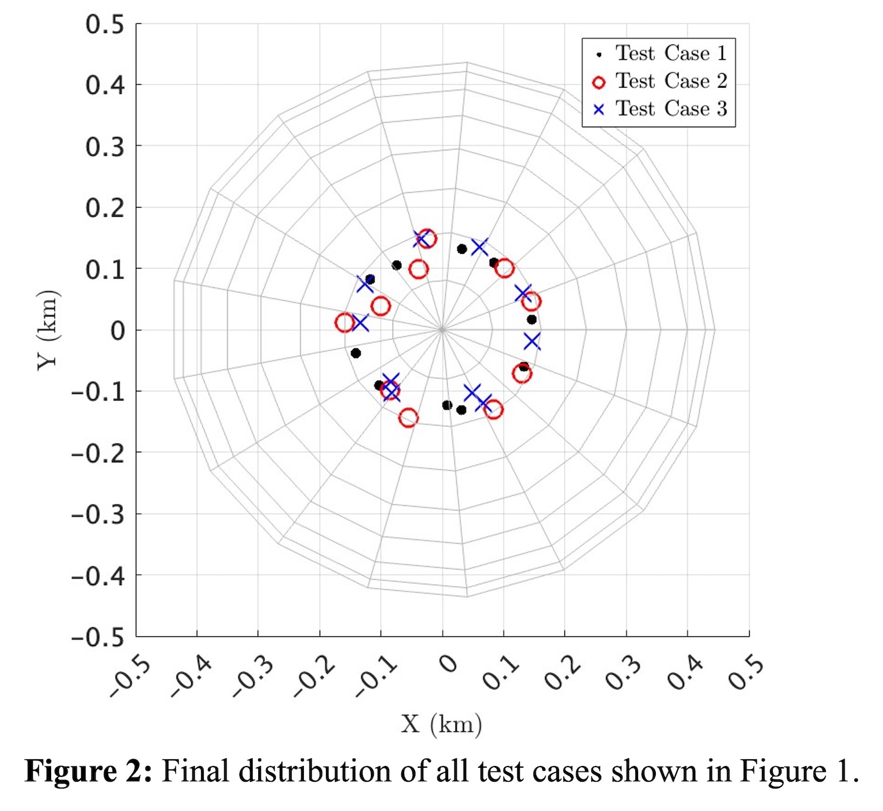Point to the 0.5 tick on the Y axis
(x=104, y=25)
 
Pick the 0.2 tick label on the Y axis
(x=104, y=208)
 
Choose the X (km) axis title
(x=441, y=724)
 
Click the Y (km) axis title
(x=48, y=330)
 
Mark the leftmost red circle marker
(x=345, y=323)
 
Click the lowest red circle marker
(x=408, y=418)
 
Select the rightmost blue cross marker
(x=532, y=341)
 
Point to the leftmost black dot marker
(x=356, y=353)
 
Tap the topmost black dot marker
(x=462, y=249)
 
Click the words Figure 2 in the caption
(x=88, y=771)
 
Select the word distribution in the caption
(x=325, y=771)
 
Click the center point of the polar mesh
(x=442, y=330)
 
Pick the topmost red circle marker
(x=427, y=238)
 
